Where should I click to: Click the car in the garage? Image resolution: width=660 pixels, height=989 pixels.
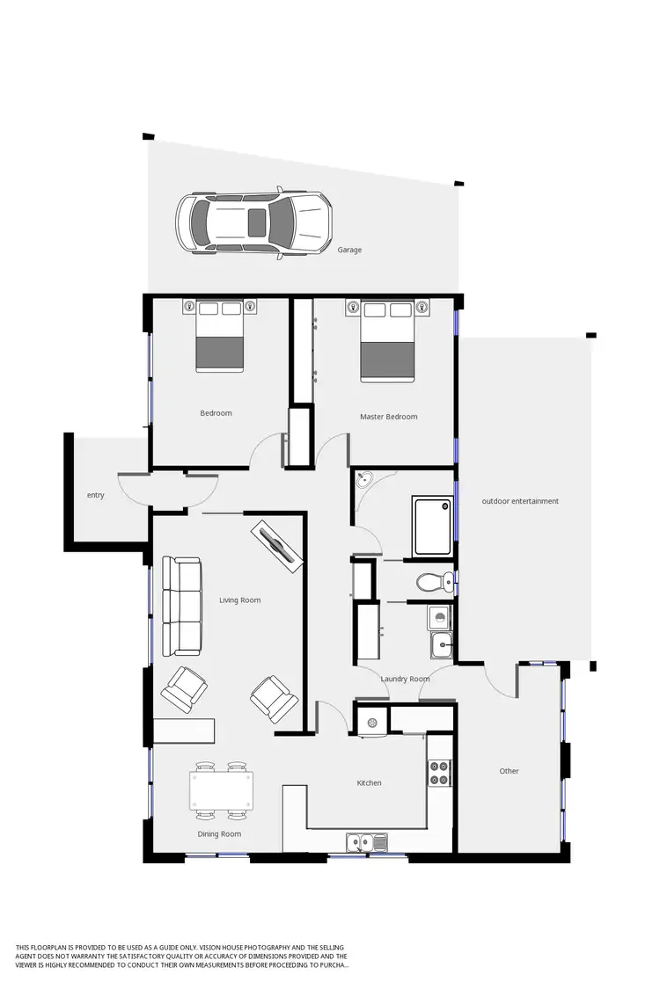click(253, 222)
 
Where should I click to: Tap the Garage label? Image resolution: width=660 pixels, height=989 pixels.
click(349, 251)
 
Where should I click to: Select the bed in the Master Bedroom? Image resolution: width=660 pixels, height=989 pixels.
click(387, 342)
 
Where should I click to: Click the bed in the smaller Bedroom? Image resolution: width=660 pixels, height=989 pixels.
click(219, 336)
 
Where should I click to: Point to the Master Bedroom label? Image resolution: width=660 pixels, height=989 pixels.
click(388, 417)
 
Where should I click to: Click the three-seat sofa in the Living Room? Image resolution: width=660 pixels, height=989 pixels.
click(182, 606)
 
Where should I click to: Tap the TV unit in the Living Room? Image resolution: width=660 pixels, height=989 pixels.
click(278, 548)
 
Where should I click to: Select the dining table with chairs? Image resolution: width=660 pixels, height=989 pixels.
click(221, 790)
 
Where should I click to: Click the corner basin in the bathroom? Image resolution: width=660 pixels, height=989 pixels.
click(364, 480)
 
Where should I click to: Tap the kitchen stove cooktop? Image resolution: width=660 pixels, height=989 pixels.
click(439, 773)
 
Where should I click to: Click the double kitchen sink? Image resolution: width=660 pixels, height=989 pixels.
click(367, 843)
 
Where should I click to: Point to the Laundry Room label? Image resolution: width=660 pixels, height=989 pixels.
click(405, 679)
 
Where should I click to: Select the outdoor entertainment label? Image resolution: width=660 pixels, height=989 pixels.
click(520, 501)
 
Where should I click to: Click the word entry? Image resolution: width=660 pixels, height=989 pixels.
click(96, 495)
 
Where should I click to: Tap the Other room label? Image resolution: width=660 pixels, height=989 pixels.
click(509, 771)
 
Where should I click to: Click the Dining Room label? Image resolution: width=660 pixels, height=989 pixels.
click(219, 834)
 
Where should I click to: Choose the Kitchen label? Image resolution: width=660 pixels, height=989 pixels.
click(369, 782)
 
